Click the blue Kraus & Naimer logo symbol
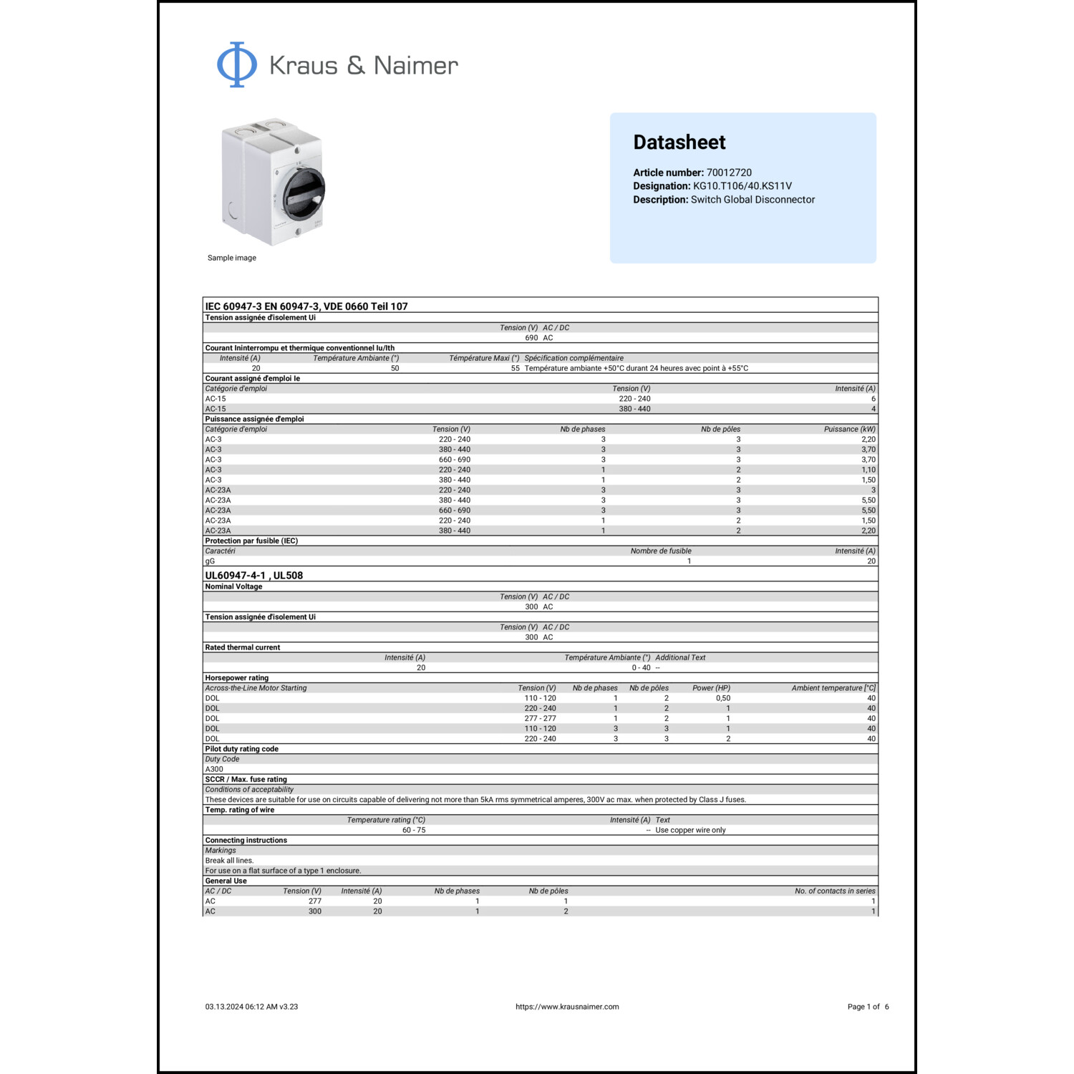[x=236, y=64]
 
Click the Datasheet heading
[x=679, y=142]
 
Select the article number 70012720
[x=729, y=173]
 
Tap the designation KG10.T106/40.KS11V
[x=742, y=186]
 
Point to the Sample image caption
[x=231, y=258]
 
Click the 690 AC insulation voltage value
[x=538, y=338]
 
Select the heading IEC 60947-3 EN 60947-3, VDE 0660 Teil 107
[x=306, y=306]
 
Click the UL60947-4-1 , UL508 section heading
[x=253, y=576]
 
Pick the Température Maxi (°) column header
[x=484, y=358]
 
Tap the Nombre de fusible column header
[x=660, y=551]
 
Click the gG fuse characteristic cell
[x=210, y=561]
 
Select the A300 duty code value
[x=214, y=769]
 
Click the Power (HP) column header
[x=711, y=688]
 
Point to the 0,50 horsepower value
[x=723, y=698]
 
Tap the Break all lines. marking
[x=229, y=861]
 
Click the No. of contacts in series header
[x=834, y=891]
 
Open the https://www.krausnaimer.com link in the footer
[x=567, y=1007]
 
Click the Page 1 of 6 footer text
[x=868, y=1007]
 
